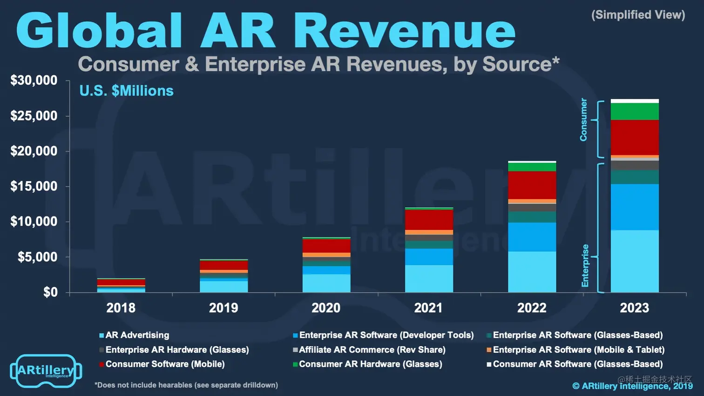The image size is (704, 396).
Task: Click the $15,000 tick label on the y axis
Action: (x=34, y=187)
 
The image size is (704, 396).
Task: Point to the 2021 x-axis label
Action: (x=428, y=308)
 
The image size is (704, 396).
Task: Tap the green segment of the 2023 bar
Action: (x=635, y=112)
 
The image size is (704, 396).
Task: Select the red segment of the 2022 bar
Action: (x=532, y=185)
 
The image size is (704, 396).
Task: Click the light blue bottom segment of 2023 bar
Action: (x=635, y=261)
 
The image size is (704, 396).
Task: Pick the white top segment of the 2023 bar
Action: (x=635, y=101)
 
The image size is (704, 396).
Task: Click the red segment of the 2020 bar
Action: (x=326, y=246)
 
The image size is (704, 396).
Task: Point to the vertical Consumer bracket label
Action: (x=583, y=120)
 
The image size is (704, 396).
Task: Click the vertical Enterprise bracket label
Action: (x=585, y=265)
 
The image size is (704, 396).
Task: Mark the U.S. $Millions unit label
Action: (x=126, y=91)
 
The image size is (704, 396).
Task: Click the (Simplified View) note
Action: (x=638, y=15)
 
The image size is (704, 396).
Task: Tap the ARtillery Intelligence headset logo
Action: (x=46, y=371)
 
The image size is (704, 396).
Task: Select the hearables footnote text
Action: (x=186, y=385)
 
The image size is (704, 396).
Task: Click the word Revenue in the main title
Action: (x=404, y=31)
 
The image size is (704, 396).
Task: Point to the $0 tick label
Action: (x=50, y=292)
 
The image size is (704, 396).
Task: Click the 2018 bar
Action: (x=121, y=285)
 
